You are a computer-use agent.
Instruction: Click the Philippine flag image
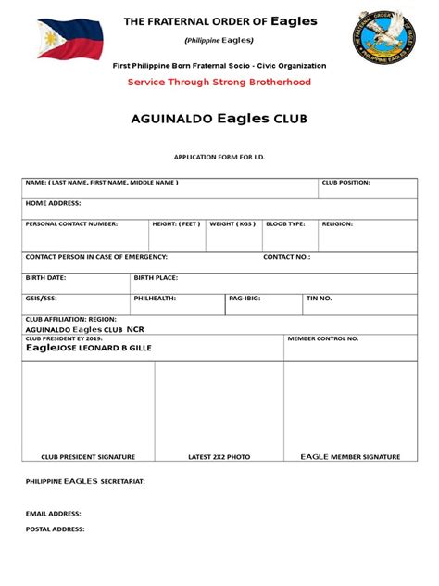[64, 43]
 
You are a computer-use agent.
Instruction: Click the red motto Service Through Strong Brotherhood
[219, 83]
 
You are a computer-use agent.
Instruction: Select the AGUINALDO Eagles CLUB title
[219, 120]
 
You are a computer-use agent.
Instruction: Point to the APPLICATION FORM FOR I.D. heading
[219, 157]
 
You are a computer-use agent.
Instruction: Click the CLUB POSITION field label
[345, 183]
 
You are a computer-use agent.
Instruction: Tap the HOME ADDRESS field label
[53, 202]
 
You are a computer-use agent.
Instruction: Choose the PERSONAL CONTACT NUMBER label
[71, 223]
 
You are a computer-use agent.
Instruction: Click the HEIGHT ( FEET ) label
[176, 223]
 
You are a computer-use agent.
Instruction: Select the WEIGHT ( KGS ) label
[232, 223]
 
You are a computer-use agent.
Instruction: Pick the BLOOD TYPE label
[285, 223]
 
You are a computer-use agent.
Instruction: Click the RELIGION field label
[337, 223]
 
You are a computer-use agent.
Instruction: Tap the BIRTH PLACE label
[156, 277]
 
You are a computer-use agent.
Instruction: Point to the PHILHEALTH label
[155, 299]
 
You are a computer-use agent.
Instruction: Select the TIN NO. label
[320, 299]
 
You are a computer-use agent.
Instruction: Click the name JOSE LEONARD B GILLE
[105, 348]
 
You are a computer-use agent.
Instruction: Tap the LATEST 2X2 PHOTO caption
[219, 457]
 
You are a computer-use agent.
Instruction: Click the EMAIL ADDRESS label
[53, 512]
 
